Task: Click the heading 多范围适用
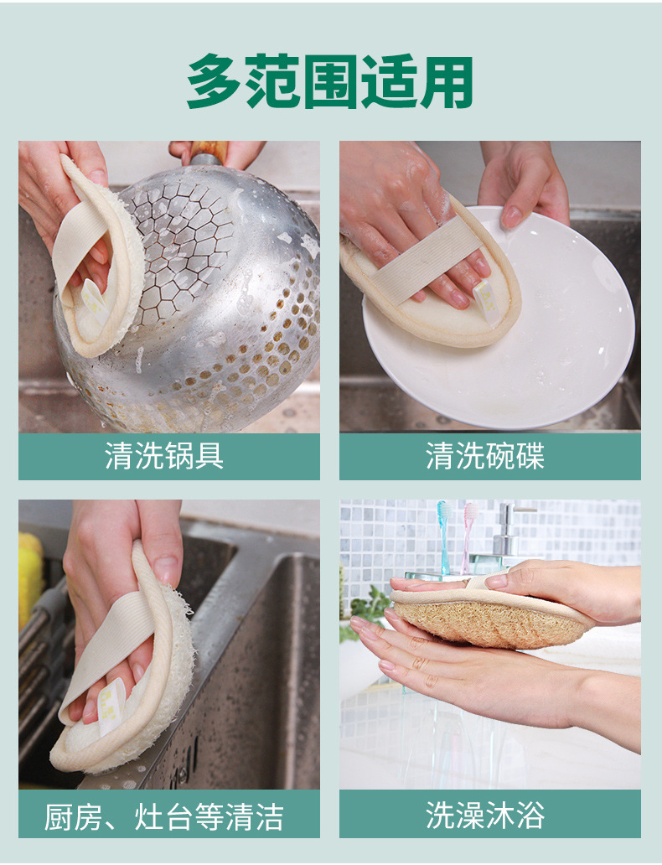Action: [330, 82]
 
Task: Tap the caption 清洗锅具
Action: [164, 457]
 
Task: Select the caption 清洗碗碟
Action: [485, 457]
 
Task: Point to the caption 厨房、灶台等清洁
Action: [164, 816]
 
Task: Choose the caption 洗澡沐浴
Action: [485, 816]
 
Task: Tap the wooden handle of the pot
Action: [209, 152]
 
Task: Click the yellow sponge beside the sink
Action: [29, 578]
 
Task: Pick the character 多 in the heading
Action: [212, 82]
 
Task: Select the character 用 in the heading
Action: [448, 82]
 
